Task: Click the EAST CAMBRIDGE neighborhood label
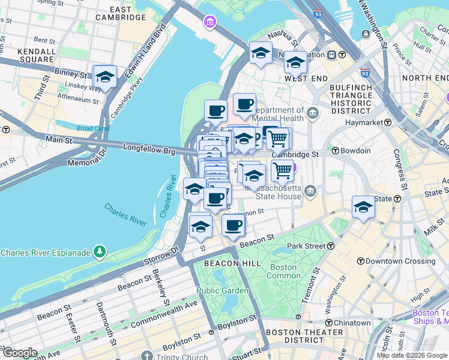point(120,13)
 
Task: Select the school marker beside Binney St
point(105,77)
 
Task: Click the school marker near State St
point(363,208)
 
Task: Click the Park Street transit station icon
point(331,246)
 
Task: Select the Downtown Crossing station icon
point(360,261)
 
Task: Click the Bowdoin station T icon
point(336,151)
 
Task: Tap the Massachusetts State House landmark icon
point(310,191)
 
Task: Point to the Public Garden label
point(222,290)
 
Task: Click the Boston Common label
point(283,271)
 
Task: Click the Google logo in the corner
point(19,353)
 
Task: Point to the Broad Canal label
point(92,128)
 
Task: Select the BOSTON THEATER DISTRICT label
point(295,336)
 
